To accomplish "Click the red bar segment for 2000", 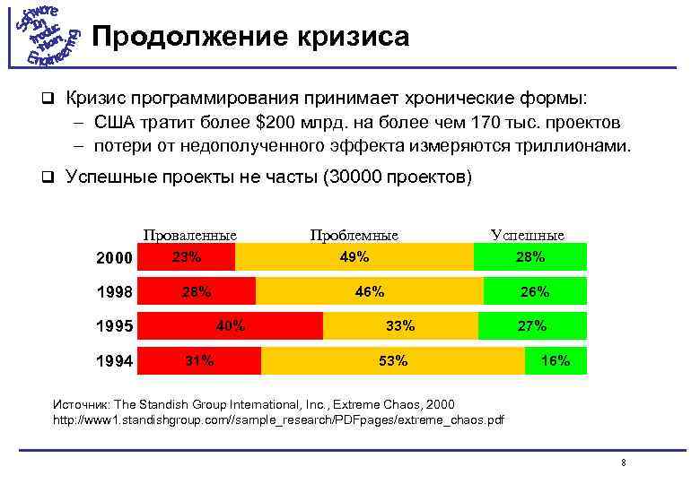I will click(x=188, y=257).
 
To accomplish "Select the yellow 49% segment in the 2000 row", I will click(x=354, y=257).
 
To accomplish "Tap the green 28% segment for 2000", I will click(x=529, y=257).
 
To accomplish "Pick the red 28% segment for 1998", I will click(x=197, y=291).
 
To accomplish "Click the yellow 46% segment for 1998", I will click(x=369, y=291).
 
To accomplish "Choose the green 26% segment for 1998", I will click(x=535, y=291).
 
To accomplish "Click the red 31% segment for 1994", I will click(x=200, y=360).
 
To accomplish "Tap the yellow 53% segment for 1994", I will click(x=393, y=360).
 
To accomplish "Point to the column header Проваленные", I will click(x=189, y=235).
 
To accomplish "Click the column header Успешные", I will click(x=528, y=235).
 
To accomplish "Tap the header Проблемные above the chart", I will click(x=354, y=235).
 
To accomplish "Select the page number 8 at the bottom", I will click(x=623, y=462).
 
